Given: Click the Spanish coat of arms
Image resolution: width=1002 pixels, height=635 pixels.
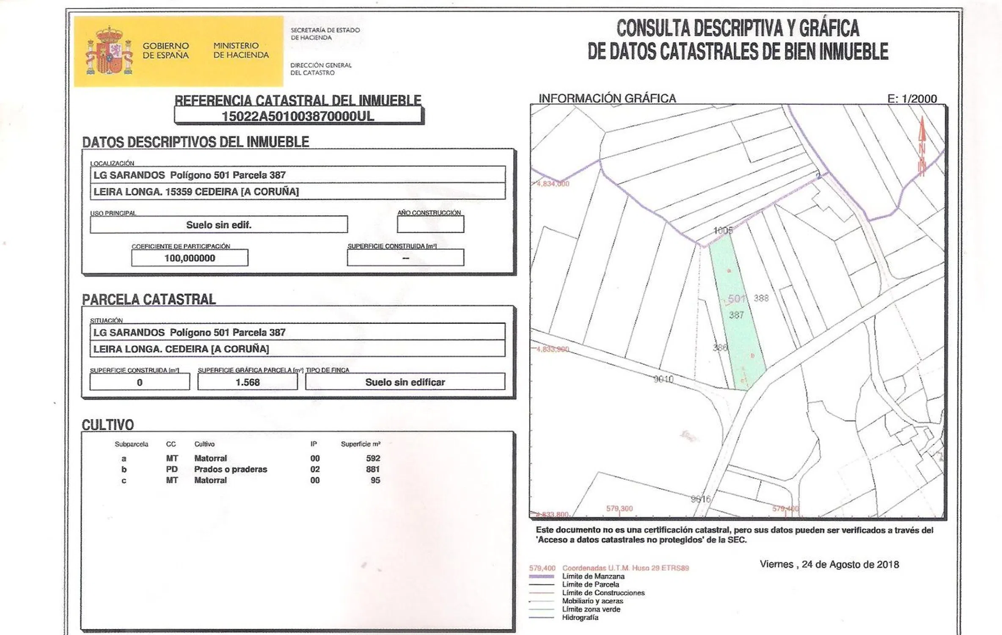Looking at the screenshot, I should pos(109,51).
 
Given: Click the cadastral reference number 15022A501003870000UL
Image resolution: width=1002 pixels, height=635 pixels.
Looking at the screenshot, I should pos(298,116).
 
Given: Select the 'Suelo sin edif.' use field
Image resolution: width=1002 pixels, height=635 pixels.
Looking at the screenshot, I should pos(219,225).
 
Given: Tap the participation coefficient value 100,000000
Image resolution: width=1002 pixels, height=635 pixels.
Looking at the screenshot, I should pos(190,258).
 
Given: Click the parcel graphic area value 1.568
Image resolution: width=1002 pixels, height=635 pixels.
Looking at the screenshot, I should pos(248,382).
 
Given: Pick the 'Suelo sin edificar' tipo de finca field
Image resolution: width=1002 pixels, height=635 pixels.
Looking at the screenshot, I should pos(405,382).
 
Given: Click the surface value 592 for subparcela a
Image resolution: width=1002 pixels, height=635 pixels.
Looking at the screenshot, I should pos(373,458).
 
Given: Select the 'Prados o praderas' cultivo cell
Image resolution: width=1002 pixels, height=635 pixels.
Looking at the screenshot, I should pos(231,469).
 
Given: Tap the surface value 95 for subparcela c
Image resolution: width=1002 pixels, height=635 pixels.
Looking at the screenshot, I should pos(375,480).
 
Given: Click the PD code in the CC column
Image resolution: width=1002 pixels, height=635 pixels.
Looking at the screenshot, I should pos(172,469).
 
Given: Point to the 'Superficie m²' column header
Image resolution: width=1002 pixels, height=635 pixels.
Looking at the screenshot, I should pos(361,444).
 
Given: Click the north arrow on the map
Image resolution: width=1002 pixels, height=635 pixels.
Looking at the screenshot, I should pos(922,146).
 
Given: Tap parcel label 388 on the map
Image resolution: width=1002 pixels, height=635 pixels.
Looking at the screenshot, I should pos(761,298).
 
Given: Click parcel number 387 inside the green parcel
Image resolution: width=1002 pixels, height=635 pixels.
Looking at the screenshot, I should pos(736,315).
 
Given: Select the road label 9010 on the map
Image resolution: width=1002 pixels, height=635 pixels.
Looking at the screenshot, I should pos(663,379).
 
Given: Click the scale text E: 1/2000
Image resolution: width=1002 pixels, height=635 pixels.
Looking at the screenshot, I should pos(912,99).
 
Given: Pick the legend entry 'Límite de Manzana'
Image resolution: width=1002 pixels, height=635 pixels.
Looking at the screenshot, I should pos(593,577).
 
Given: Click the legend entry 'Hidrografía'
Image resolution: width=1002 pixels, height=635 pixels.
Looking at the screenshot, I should pos(580,618).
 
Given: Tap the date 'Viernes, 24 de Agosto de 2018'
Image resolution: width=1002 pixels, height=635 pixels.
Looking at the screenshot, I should pos(829,564).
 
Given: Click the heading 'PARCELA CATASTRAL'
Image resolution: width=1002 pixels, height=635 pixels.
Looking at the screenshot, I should pos(149,300).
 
